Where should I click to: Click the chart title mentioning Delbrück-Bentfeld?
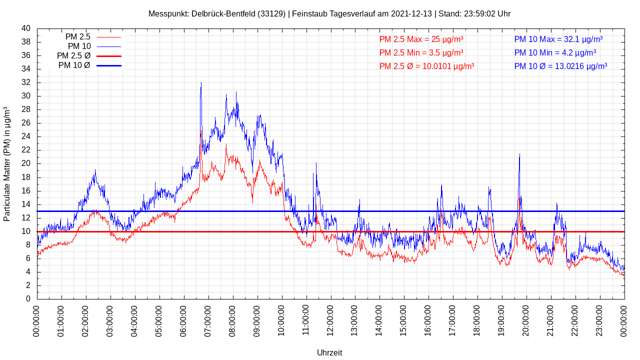pyautogui.click(x=329, y=14)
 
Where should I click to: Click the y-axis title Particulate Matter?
pyautogui.click(x=7, y=164)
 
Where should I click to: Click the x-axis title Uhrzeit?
pyautogui.click(x=329, y=352)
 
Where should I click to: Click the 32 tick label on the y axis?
pyautogui.click(x=26, y=82)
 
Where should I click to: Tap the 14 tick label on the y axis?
pyautogui.click(x=26, y=204)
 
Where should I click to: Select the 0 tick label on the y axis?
pyautogui.click(x=28, y=299)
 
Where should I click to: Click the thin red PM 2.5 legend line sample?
pyautogui.click(x=109, y=37)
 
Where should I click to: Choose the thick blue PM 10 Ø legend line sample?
pyautogui.click(x=109, y=65)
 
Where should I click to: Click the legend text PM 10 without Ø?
pyautogui.click(x=79, y=46)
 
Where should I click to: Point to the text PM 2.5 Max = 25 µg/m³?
pyautogui.click(x=421, y=39)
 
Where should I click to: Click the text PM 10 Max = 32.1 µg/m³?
pyautogui.click(x=558, y=39)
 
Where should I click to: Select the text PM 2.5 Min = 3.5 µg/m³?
pyautogui.click(x=421, y=52)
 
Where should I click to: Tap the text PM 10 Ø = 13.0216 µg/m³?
pyautogui.click(x=560, y=66)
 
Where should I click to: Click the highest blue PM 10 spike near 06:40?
pyautogui.click(x=201, y=83)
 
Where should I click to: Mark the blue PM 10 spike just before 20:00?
pyautogui.click(x=519, y=155)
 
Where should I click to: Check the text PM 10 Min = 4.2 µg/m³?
pyautogui.click(x=555, y=52)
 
